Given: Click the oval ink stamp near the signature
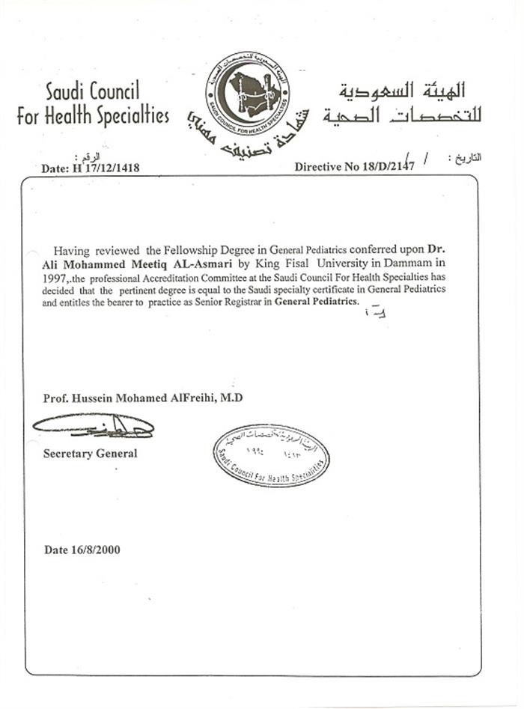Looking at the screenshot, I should (271, 455).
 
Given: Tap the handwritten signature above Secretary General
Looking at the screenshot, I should (94, 426).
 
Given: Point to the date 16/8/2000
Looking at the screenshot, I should (82, 550).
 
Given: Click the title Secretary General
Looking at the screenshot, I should (90, 453).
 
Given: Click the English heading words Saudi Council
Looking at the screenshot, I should (93, 93).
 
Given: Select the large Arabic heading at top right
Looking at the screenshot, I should (403, 103).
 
